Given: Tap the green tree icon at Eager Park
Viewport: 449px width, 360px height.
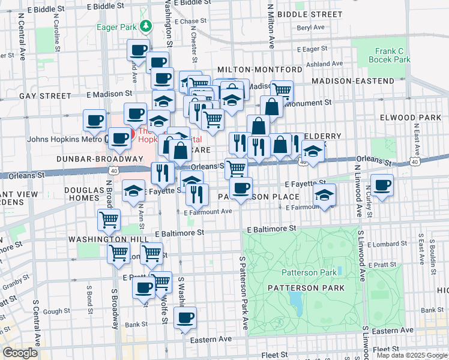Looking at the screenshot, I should [145, 26].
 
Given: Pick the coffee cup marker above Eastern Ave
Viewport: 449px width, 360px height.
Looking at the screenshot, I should [185, 317].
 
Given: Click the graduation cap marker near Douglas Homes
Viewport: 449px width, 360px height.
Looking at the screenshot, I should [133, 191].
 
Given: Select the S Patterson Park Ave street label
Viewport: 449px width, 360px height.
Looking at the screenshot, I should [244, 293].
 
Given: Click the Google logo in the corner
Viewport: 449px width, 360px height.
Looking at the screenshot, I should [20, 352].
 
